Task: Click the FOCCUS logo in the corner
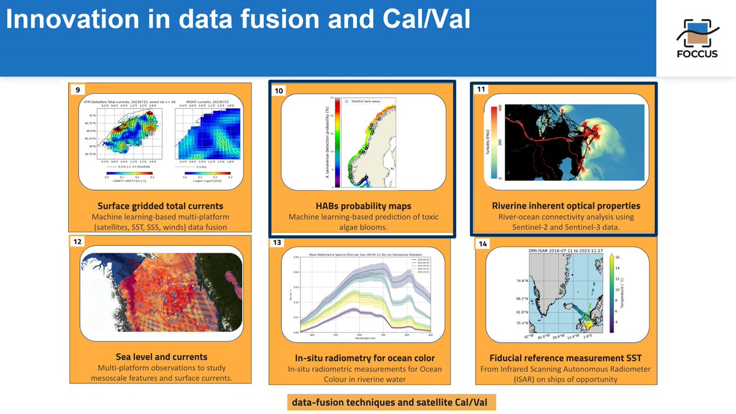click(x=696, y=39)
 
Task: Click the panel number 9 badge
click(x=77, y=90)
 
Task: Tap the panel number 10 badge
click(x=280, y=91)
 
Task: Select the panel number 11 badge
click(x=481, y=90)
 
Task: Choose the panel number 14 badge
click(x=483, y=244)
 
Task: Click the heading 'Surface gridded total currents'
click(x=161, y=205)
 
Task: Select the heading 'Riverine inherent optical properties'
click(x=566, y=205)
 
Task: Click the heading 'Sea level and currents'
click(x=161, y=356)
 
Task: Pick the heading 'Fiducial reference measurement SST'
click(x=565, y=358)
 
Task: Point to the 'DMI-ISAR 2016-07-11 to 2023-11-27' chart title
click(x=565, y=251)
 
